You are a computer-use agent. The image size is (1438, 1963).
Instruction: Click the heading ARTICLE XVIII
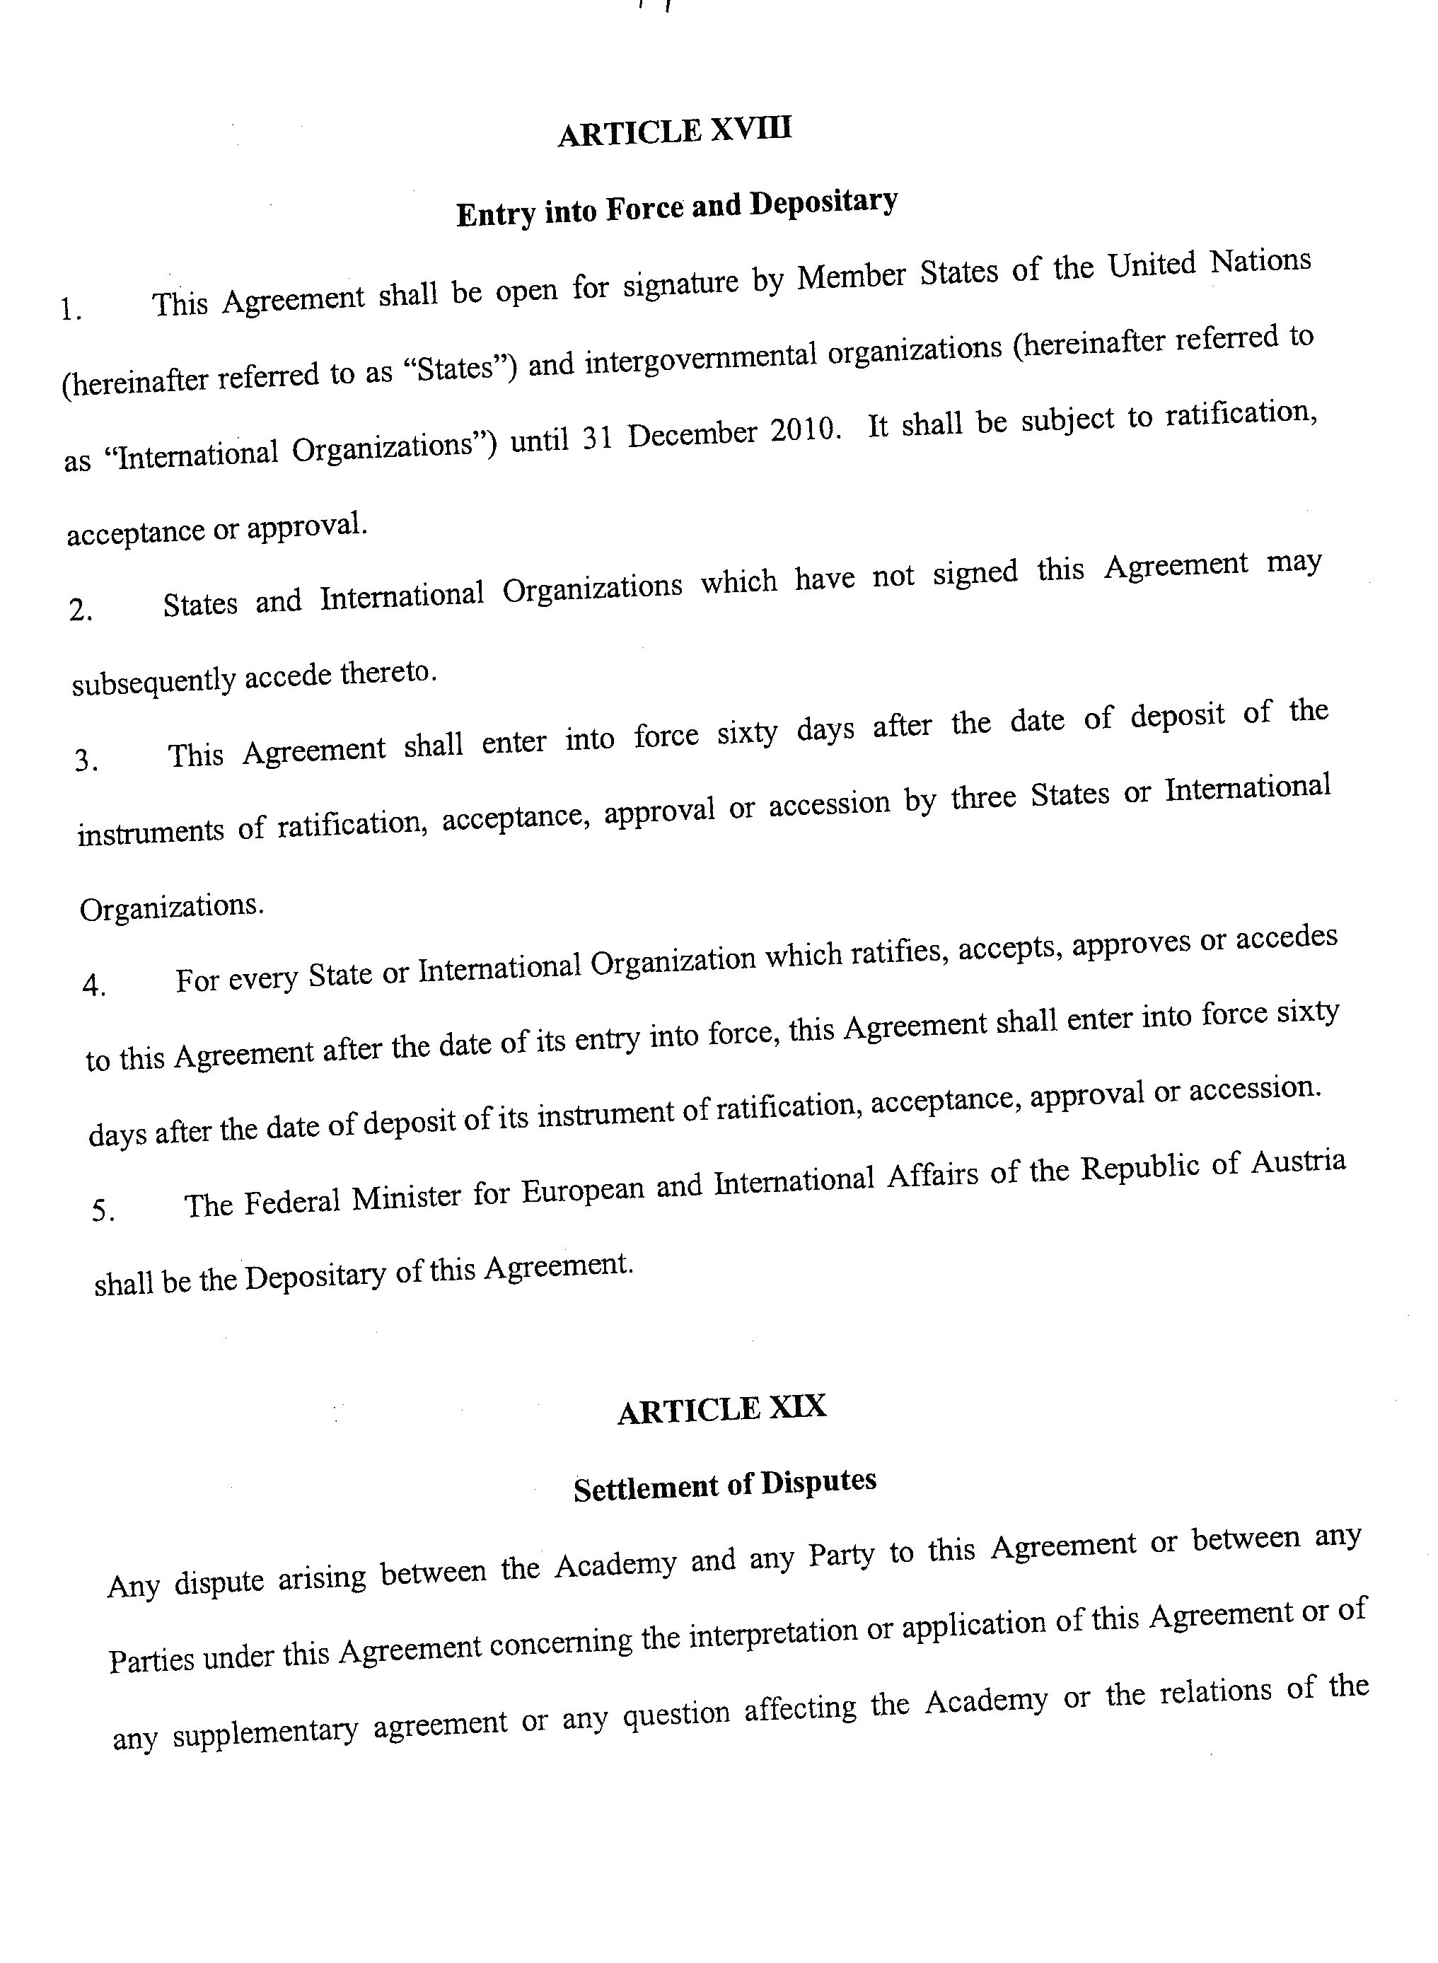[x=675, y=132]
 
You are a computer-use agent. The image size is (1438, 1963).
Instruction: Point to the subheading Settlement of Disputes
[x=724, y=1485]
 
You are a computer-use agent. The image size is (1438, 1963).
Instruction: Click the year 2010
[x=804, y=430]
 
